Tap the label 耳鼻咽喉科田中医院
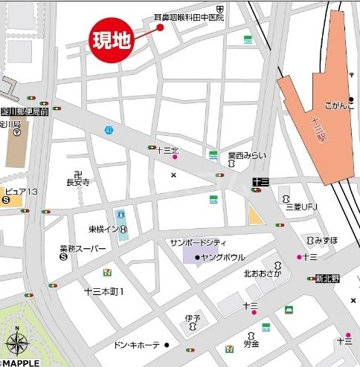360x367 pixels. pyautogui.click(x=190, y=16)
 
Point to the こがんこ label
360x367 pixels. pyautogui.click(x=339, y=105)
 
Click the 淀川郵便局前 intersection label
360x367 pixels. pyautogui.click(x=25, y=111)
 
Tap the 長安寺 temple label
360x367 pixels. pyautogui.click(x=77, y=181)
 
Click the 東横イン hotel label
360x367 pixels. pyautogui.click(x=97, y=230)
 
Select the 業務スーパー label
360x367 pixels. pyautogui.click(x=83, y=249)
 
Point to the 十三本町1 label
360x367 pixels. pyautogui.click(x=103, y=290)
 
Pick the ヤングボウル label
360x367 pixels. pyautogui.click(x=223, y=258)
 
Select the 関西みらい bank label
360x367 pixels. pyautogui.click(x=246, y=155)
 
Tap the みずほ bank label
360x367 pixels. pyautogui.click(x=326, y=240)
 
